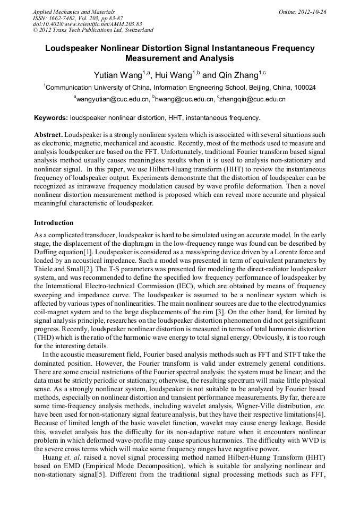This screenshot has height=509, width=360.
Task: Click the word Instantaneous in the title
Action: point(236,48)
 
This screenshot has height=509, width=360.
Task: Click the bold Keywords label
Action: point(51,117)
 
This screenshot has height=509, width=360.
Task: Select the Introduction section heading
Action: point(54,222)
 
